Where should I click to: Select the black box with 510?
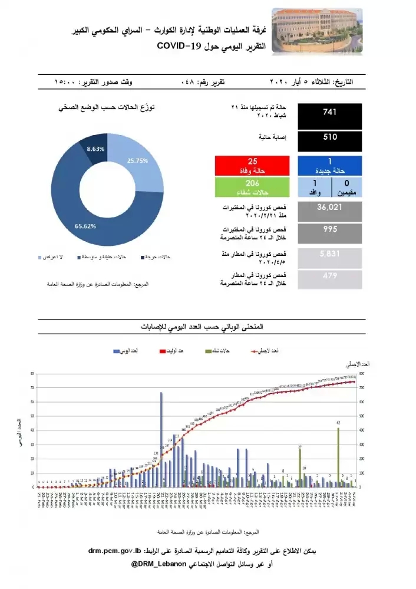tap(330, 142)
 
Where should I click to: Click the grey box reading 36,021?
tap(330, 211)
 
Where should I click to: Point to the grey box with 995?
tap(330, 234)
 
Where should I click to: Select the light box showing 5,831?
tap(330, 258)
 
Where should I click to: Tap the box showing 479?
tap(330, 280)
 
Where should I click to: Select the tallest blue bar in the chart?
tap(161, 439)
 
